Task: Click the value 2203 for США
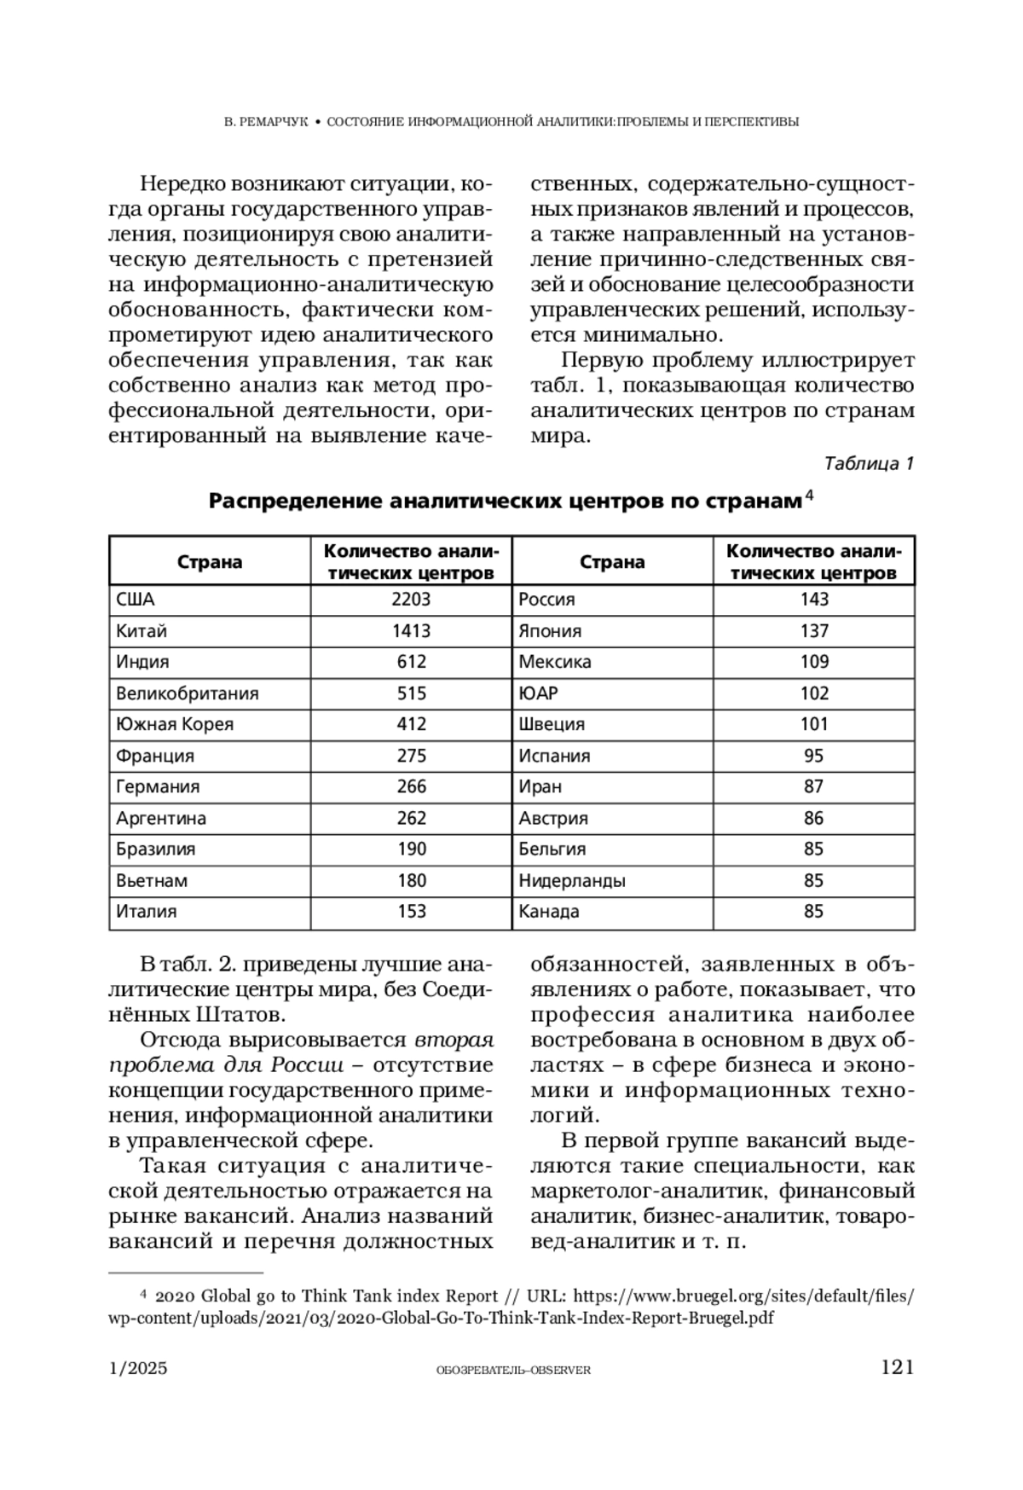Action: (411, 600)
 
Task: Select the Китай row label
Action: (142, 631)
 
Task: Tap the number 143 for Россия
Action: (814, 600)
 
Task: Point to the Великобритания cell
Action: (187, 693)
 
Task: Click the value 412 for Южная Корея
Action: (411, 724)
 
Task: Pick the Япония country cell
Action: (550, 631)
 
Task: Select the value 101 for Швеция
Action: (814, 724)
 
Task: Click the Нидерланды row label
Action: (572, 880)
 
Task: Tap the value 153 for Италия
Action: (411, 911)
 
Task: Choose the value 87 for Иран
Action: (814, 786)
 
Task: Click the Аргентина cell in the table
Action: (161, 818)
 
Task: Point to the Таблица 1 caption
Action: (869, 464)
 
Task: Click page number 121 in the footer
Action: (897, 1368)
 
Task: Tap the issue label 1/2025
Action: (138, 1369)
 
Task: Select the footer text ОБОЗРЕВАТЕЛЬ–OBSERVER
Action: (512, 1370)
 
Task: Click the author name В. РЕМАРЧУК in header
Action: (264, 122)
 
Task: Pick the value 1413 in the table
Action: (411, 631)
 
